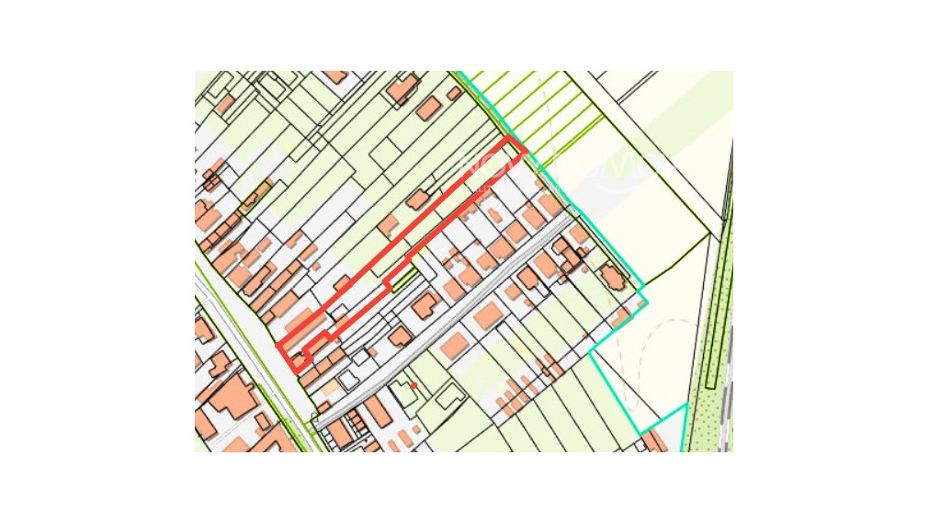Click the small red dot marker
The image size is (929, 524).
[x=414, y=385]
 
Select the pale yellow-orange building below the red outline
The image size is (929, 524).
[x=328, y=388]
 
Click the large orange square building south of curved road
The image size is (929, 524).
[x=489, y=315]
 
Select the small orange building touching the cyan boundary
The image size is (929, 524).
[x=620, y=318]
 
